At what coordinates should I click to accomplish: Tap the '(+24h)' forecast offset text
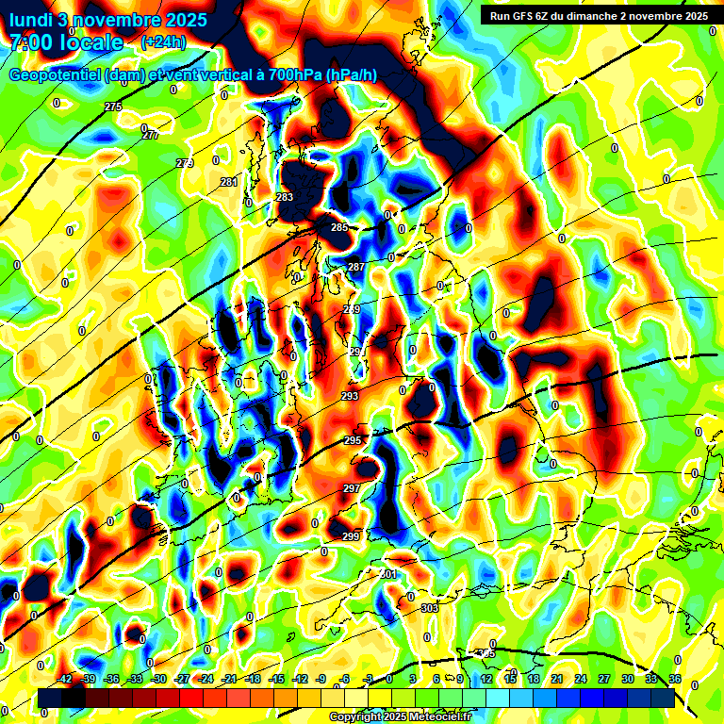[163, 42]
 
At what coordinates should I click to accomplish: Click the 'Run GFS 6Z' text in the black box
[524, 16]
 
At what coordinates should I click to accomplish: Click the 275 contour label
[113, 107]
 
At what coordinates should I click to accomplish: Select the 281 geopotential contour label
[229, 182]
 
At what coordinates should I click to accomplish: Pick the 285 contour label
[339, 228]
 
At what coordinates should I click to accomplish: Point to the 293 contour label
[350, 397]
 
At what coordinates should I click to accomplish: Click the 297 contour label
[352, 488]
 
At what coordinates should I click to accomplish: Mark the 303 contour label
[430, 608]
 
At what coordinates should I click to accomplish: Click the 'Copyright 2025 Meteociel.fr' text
[401, 716]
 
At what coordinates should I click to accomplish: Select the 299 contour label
[351, 536]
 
